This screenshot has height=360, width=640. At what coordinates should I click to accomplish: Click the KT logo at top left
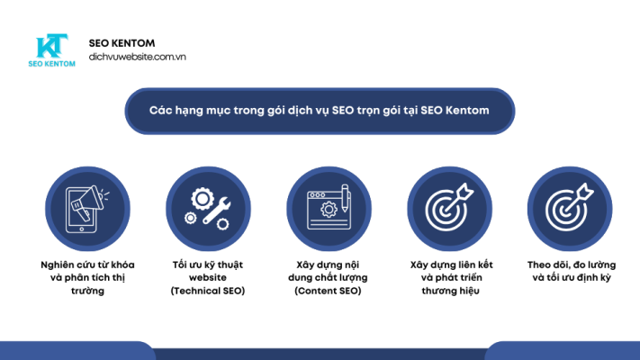53,46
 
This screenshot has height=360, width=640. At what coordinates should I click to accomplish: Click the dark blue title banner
320,110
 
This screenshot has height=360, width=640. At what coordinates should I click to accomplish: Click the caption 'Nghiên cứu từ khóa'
85,265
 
